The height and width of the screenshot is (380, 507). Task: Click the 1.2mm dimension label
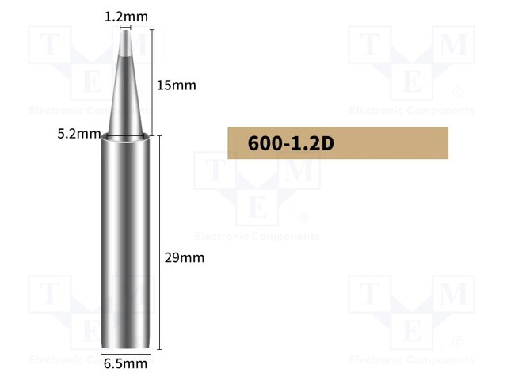(x=126, y=15)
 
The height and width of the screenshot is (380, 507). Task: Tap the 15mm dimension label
(x=176, y=85)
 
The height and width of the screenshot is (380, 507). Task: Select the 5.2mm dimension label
(x=79, y=133)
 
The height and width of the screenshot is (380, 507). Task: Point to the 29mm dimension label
(x=185, y=257)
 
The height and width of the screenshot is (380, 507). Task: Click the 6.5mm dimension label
(x=125, y=364)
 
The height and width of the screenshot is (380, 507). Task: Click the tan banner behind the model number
(x=396, y=143)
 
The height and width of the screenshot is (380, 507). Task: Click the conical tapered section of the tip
(x=125, y=95)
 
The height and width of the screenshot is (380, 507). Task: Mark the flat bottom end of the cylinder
(x=125, y=346)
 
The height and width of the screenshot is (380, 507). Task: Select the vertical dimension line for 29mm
(x=161, y=241)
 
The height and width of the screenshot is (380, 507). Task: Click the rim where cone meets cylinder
(x=125, y=138)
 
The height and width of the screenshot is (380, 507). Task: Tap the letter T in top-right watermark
(x=370, y=47)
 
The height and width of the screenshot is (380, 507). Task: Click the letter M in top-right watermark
(x=453, y=47)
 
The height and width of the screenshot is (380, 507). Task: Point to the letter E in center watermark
(x=257, y=207)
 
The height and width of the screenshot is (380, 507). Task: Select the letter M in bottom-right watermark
(x=453, y=294)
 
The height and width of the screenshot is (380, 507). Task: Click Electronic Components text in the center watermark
(x=257, y=236)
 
